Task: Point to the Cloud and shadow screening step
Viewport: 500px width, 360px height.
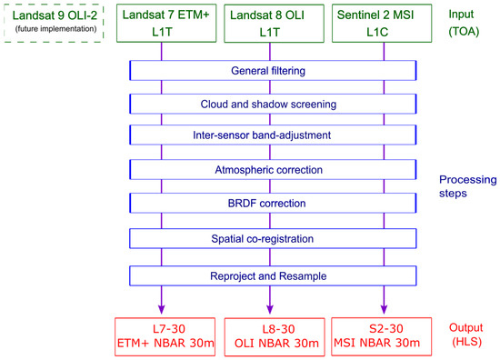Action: coord(272,105)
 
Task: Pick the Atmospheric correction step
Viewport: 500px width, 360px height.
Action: coord(272,170)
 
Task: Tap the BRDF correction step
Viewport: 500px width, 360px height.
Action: coord(272,203)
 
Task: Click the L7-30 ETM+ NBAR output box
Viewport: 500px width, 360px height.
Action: coord(163,334)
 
